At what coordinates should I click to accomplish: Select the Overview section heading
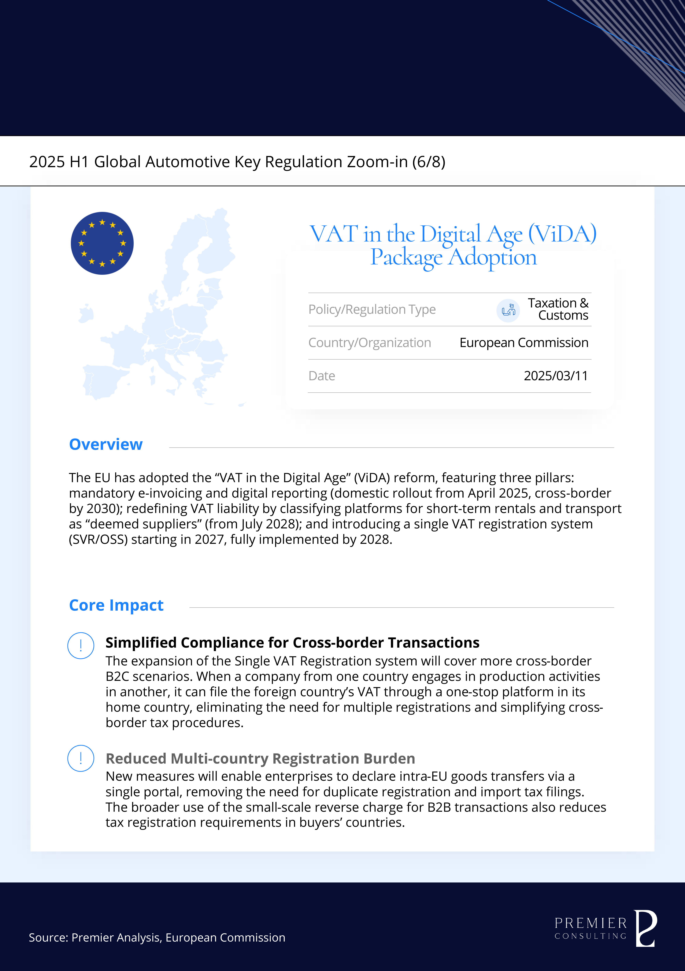106,444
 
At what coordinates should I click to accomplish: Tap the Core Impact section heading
116,605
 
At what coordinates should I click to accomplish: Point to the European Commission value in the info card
524,343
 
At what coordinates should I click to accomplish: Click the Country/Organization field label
370,343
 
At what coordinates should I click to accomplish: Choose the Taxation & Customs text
558,309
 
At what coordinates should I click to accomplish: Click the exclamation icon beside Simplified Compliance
81,645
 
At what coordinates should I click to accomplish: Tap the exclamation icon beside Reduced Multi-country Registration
81,758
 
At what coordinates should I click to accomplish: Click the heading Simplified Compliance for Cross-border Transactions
292,642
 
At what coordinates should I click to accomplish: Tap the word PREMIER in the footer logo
590,923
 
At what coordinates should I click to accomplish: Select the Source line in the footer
157,938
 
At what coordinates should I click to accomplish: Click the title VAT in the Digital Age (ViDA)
453,234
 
